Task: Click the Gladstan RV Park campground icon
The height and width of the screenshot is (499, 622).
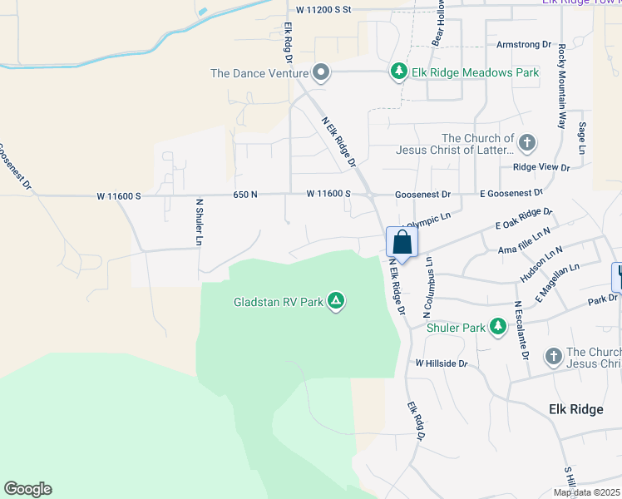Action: point(336,300)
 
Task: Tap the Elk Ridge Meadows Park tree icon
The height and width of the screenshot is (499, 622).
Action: point(399,72)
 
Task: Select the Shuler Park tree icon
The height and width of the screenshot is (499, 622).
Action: point(498,327)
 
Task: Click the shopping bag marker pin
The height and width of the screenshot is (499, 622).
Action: point(402,244)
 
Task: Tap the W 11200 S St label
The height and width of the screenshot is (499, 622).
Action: point(319,9)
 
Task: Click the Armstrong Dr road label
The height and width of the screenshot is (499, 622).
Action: point(524,43)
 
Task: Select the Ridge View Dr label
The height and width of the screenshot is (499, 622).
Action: point(541,167)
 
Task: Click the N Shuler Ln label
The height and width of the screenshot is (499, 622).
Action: point(200,222)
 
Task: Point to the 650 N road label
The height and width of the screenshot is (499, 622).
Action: point(245,194)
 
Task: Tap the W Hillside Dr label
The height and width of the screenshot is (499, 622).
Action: point(442,363)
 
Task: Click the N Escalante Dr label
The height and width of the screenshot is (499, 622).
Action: point(521,330)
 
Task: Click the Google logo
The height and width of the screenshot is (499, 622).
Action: point(27,489)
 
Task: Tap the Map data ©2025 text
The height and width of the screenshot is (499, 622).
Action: point(586,492)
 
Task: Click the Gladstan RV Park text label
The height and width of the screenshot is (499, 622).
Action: point(278,301)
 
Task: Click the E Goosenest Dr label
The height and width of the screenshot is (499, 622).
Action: point(511,194)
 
